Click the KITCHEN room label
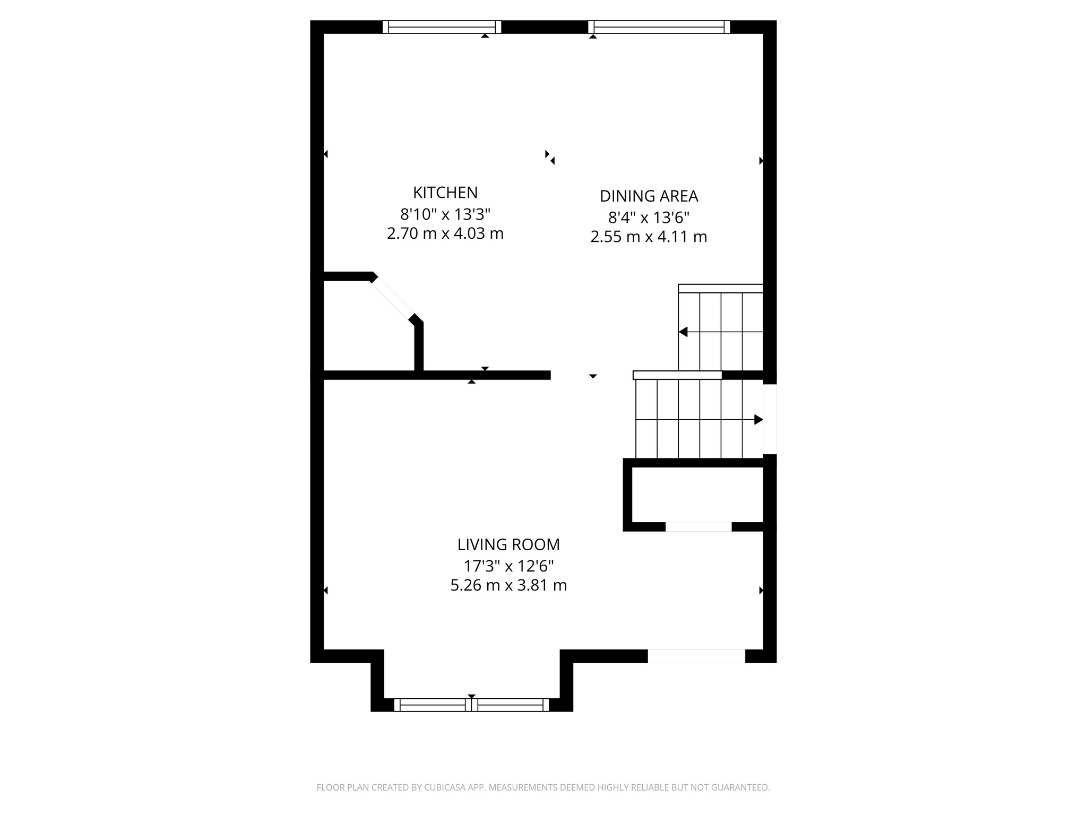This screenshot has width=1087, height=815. (x=445, y=192)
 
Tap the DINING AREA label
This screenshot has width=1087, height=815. (x=649, y=196)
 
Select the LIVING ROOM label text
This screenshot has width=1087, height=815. (x=508, y=544)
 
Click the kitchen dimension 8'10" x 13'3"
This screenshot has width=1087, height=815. (x=445, y=214)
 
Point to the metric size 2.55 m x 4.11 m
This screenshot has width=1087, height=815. (x=649, y=237)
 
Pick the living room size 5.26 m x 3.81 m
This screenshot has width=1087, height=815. (x=508, y=585)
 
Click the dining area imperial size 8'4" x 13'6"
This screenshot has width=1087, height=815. (x=649, y=218)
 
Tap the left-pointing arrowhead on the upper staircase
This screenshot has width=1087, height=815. (x=684, y=332)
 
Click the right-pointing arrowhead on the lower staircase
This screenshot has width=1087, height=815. (x=758, y=420)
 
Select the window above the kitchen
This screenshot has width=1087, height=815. (x=442, y=27)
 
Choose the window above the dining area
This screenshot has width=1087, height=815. (x=659, y=27)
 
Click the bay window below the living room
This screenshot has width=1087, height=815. (x=471, y=705)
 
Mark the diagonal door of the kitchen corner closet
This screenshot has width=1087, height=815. (x=393, y=298)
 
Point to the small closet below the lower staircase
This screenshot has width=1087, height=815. (x=697, y=495)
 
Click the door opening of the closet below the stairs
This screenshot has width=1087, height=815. (x=698, y=526)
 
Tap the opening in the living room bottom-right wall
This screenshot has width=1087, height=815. (x=696, y=656)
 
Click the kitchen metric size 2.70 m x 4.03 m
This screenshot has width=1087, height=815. (x=445, y=233)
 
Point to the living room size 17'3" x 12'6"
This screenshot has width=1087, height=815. (x=508, y=566)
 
